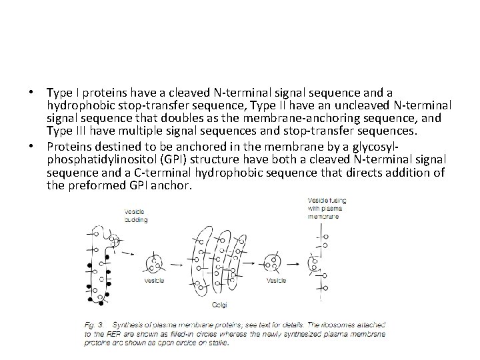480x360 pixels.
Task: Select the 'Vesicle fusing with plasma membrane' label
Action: pos(327,207)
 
